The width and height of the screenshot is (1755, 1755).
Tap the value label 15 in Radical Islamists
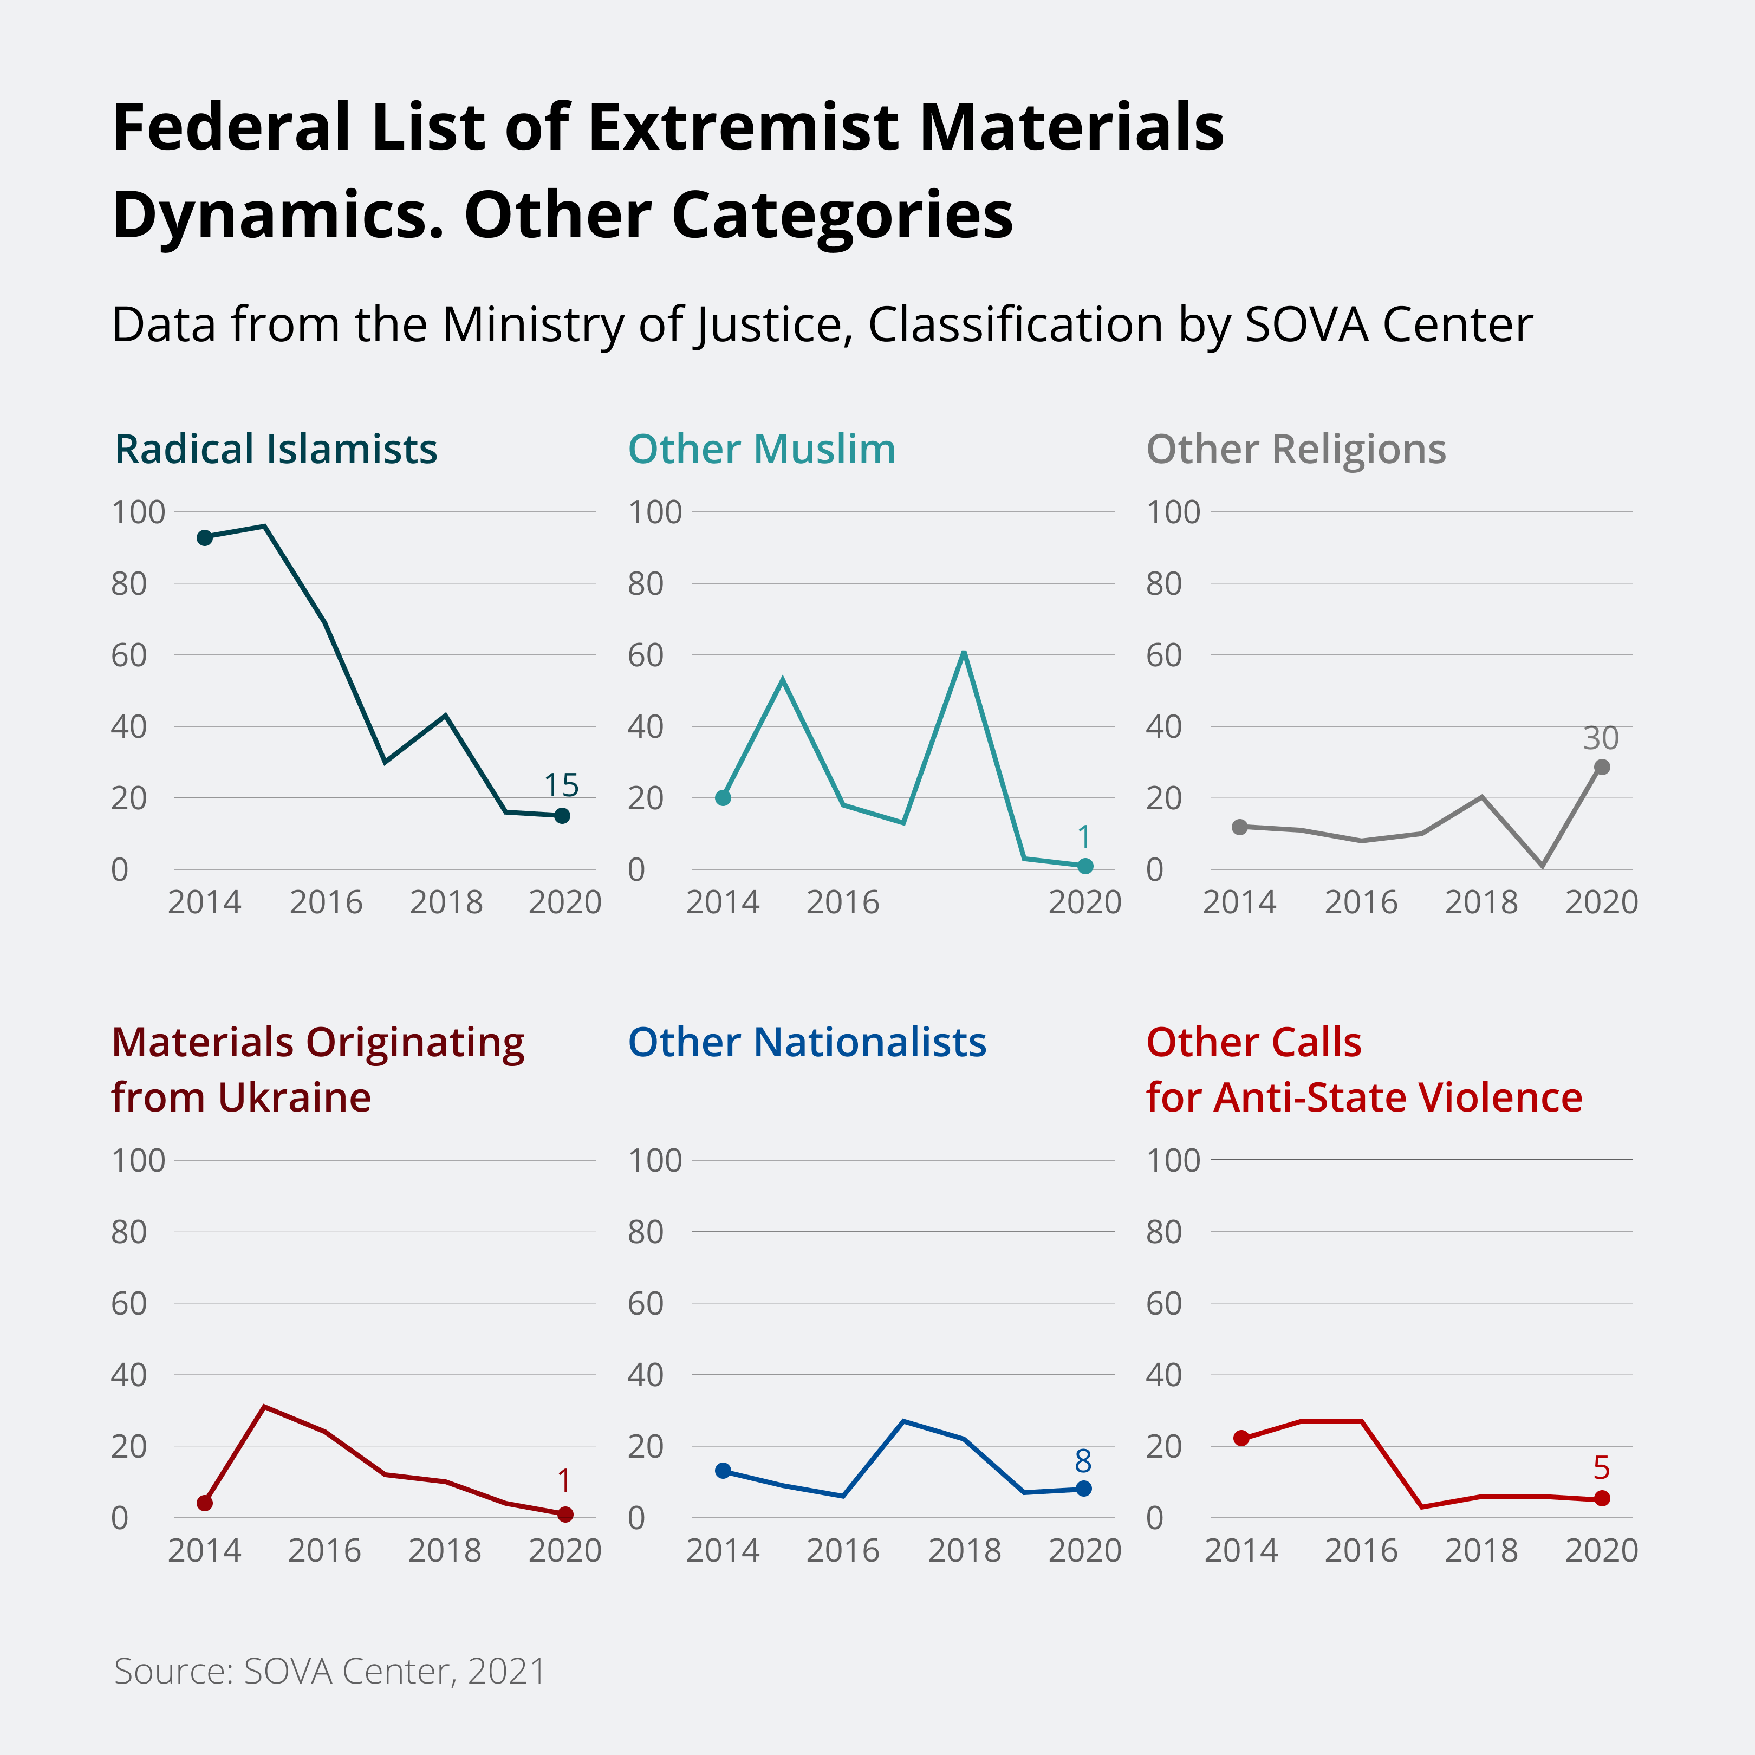pyautogui.click(x=561, y=785)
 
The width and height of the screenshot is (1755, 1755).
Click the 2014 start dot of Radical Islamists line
pyautogui.click(x=204, y=538)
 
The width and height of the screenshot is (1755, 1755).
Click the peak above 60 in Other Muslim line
pyautogui.click(x=963, y=653)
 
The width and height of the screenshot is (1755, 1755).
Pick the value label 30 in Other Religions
pyautogui.click(x=1601, y=738)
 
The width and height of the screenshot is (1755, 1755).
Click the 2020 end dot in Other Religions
pyautogui.click(x=1602, y=768)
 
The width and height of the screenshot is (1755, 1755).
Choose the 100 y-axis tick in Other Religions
pyautogui.click(x=1173, y=512)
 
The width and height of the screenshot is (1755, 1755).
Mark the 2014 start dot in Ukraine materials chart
pyautogui.click(x=204, y=1503)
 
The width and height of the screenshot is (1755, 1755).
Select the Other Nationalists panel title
pyautogui.click(x=807, y=1042)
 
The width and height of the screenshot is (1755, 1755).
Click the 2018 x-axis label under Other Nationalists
pyautogui.click(x=964, y=1551)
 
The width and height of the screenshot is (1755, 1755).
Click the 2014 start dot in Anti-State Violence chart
pyautogui.click(x=1241, y=1438)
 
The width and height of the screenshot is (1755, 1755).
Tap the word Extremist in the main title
pyautogui.click(x=743, y=127)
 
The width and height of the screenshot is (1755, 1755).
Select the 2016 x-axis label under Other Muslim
pyautogui.click(x=843, y=902)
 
